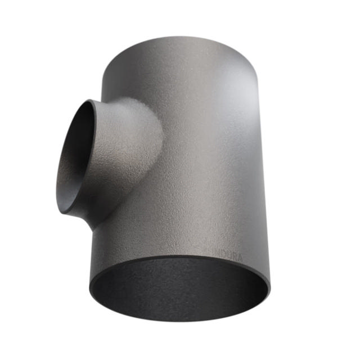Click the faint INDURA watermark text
226,256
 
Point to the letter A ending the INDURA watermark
240,257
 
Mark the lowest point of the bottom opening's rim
180,322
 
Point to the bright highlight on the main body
225,112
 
